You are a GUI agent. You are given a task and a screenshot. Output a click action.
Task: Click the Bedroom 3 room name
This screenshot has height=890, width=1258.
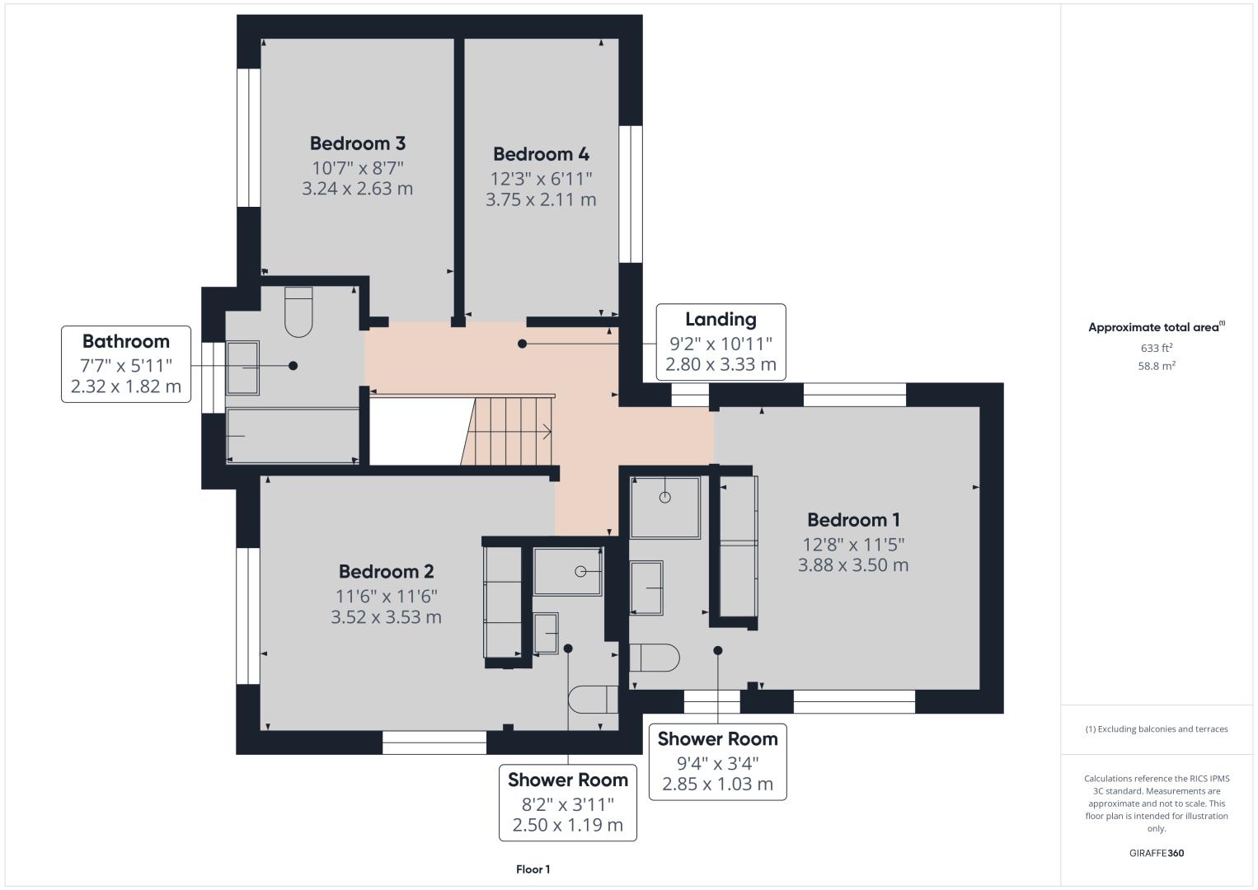tap(357, 143)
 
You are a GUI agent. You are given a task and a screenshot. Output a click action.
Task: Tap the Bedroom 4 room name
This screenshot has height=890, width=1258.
tap(541, 154)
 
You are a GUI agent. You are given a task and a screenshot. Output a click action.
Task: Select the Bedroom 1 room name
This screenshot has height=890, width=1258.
tap(853, 520)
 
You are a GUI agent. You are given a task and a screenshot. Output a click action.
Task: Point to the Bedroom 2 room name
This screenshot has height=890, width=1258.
tap(386, 572)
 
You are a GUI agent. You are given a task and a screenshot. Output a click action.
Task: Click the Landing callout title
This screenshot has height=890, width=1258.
tap(721, 320)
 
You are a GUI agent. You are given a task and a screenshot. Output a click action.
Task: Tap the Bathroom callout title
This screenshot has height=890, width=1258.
tap(126, 341)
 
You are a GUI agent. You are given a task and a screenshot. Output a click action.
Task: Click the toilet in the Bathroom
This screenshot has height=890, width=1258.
tap(298, 311)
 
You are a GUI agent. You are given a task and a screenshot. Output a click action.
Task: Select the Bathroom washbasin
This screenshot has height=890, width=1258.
tap(242, 368)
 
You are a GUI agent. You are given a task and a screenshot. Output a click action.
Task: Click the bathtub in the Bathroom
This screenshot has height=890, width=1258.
tap(293, 436)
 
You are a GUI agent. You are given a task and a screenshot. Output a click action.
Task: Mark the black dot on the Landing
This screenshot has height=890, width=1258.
tap(523, 344)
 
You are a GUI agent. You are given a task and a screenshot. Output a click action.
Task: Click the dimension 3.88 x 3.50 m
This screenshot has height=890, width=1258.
tap(853, 564)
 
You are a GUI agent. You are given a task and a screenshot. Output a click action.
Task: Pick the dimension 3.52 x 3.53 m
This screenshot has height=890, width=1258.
tap(386, 617)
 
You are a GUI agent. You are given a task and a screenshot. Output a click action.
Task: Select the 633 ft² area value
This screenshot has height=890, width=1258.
tap(1157, 348)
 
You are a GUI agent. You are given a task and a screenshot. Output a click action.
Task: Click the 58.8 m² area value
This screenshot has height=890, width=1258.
tap(1157, 366)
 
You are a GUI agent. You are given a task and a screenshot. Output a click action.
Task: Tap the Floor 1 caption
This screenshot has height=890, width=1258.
tap(533, 869)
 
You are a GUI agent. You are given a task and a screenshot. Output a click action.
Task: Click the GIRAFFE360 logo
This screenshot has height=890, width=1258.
tap(1157, 853)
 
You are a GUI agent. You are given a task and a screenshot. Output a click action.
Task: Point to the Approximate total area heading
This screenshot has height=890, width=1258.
tap(1157, 327)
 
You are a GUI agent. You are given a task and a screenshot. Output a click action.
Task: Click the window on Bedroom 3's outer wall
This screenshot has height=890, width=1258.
tap(248, 138)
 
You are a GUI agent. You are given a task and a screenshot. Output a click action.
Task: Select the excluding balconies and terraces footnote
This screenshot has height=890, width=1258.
tap(1157, 728)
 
